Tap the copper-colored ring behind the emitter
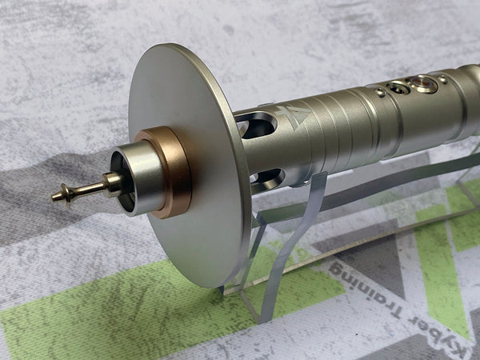tap(171, 171)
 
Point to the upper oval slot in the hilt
tap(257, 125)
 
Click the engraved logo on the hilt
tap(293, 115)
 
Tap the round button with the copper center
tap(422, 83)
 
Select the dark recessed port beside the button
tap(398, 88)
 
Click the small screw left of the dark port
tap(380, 92)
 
